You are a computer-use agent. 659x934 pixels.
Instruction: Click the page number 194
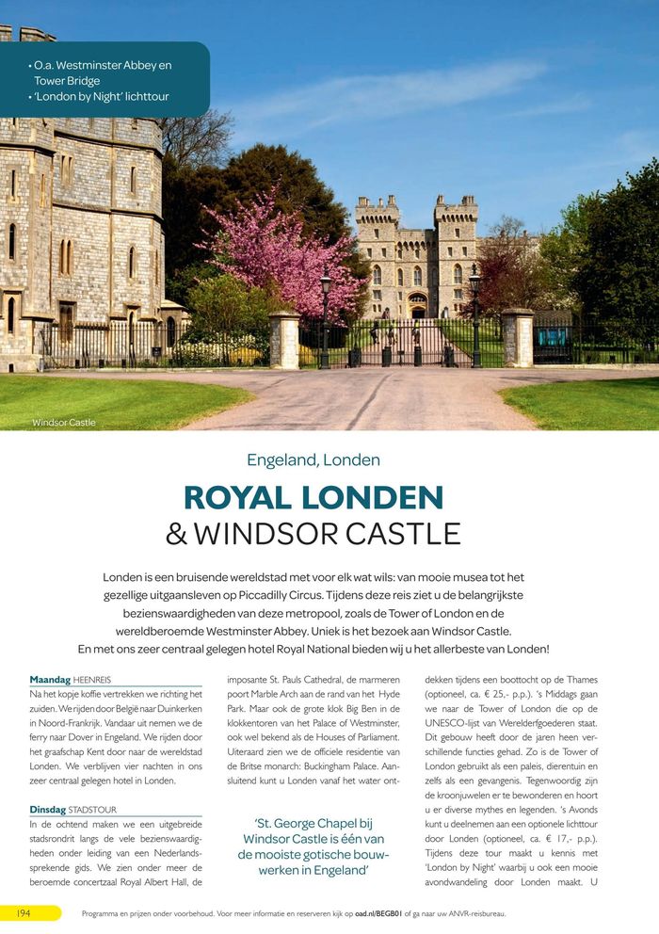26,912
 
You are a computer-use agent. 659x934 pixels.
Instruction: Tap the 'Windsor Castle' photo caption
64,423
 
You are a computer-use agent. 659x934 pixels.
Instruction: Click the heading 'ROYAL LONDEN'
313,497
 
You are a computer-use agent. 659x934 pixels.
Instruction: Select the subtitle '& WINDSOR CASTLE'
313,534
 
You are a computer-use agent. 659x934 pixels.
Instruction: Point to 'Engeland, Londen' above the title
313,460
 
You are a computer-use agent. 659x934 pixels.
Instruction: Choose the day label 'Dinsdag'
48,808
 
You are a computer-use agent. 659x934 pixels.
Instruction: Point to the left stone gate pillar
284,340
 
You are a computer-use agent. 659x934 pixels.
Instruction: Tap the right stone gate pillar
517,337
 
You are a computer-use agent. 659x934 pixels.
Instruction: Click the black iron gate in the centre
414,344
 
